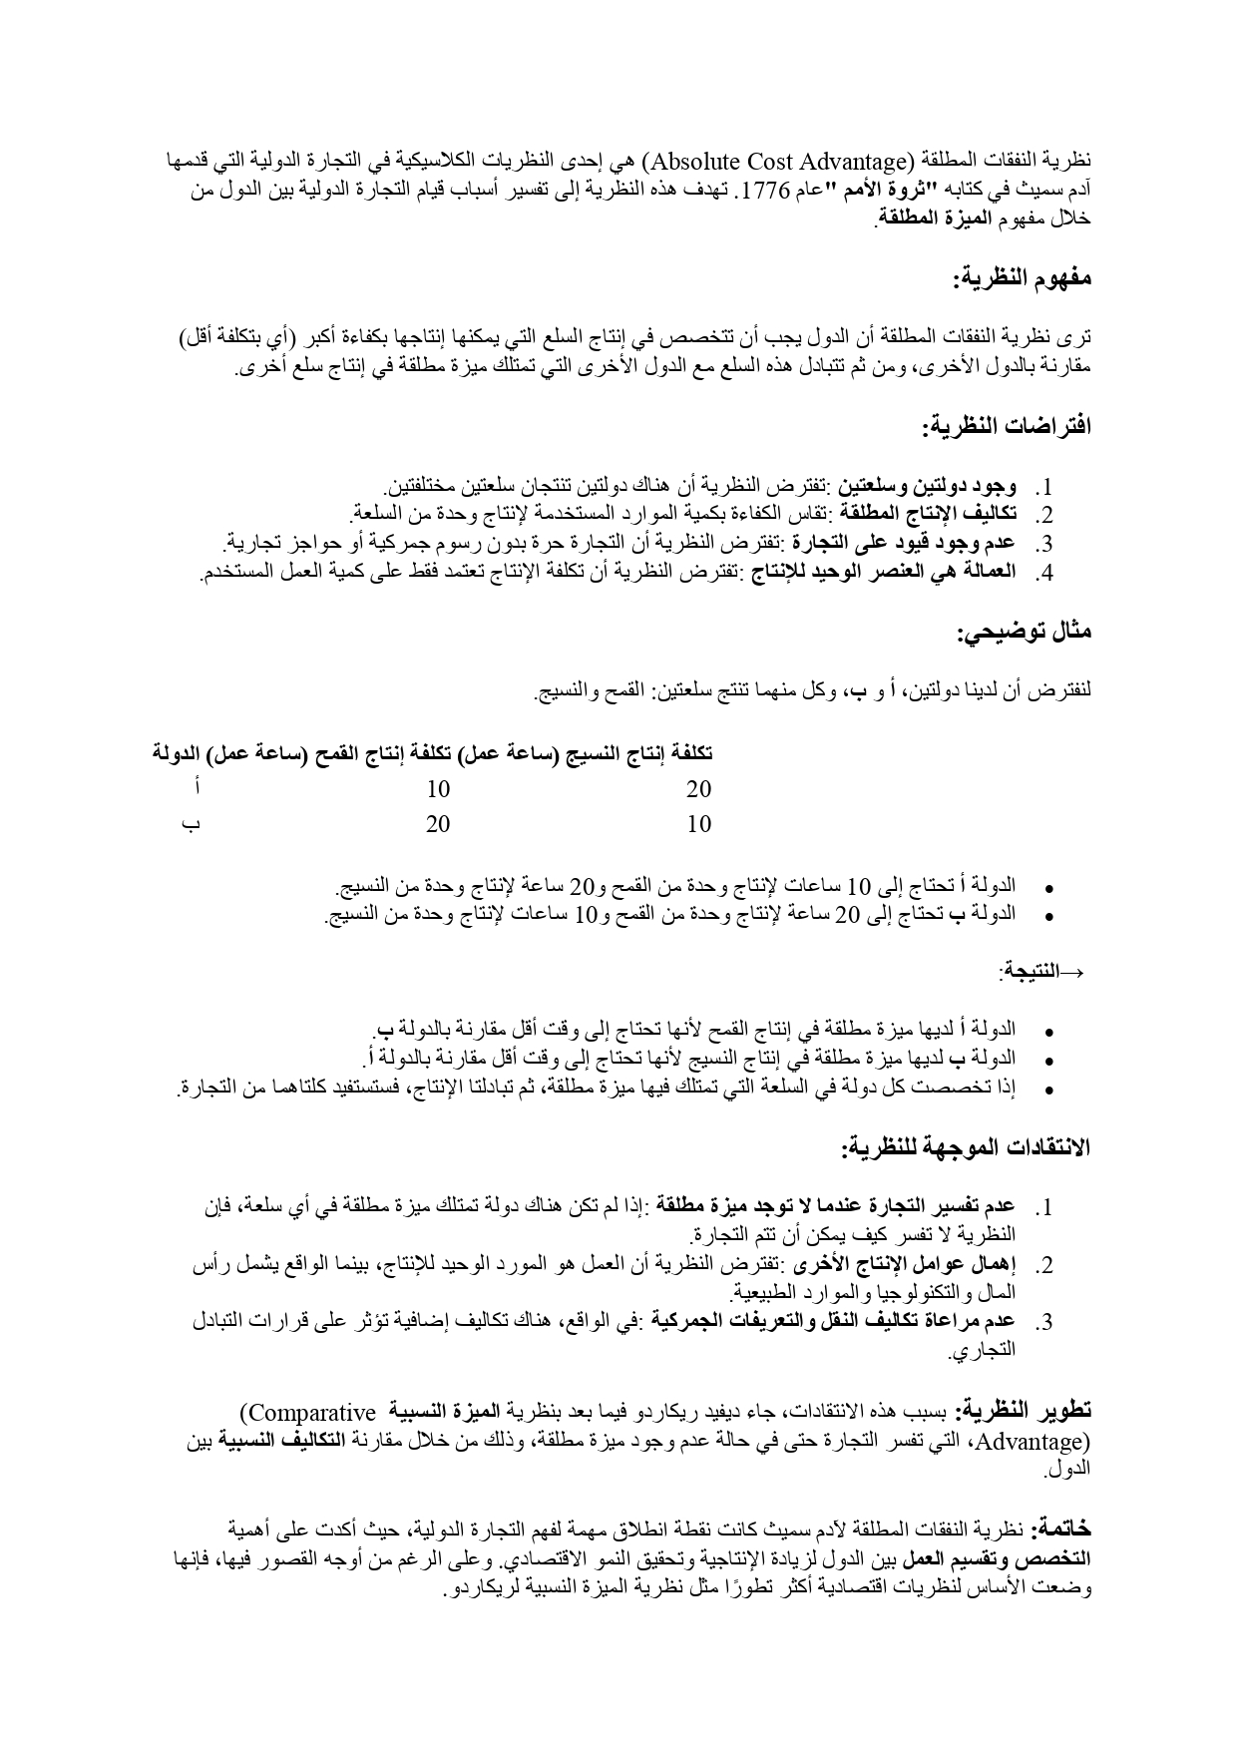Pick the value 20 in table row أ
(699, 789)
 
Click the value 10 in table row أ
(438, 789)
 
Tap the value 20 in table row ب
(438, 824)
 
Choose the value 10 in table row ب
(699, 824)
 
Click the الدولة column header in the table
(176, 753)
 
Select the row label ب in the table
(190, 824)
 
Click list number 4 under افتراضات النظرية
(1043, 574)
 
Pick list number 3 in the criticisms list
(1043, 1323)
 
